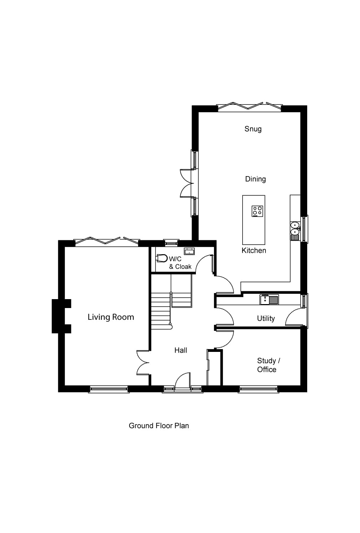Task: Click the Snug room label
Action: (253, 129)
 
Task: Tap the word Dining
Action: (255, 179)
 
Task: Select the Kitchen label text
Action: (254, 251)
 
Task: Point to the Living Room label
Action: (111, 317)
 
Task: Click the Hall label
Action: (181, 350)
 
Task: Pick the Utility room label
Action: (266, 318)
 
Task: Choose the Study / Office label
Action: (268, 365)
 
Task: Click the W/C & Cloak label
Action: (180, 263)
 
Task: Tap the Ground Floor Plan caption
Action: (159, 426)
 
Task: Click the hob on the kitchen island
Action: (257, 211)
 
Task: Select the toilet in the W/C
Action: (162, 258)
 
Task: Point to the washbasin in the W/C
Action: (189, 251)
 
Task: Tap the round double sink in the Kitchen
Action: (295, 229)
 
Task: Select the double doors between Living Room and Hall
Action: (143, 363)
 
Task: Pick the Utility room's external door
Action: (295, 318)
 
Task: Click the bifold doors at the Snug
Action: (250, 106)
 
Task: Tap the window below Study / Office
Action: (258, 389)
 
